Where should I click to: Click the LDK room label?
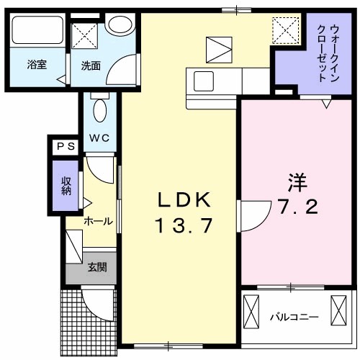183,199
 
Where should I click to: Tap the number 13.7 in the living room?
183,226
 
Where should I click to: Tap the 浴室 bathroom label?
36,65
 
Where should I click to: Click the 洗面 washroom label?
90,66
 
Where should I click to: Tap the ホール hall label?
97,221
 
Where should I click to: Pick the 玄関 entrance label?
97,268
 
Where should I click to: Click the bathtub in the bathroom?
37,31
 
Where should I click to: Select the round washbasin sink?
119,23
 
